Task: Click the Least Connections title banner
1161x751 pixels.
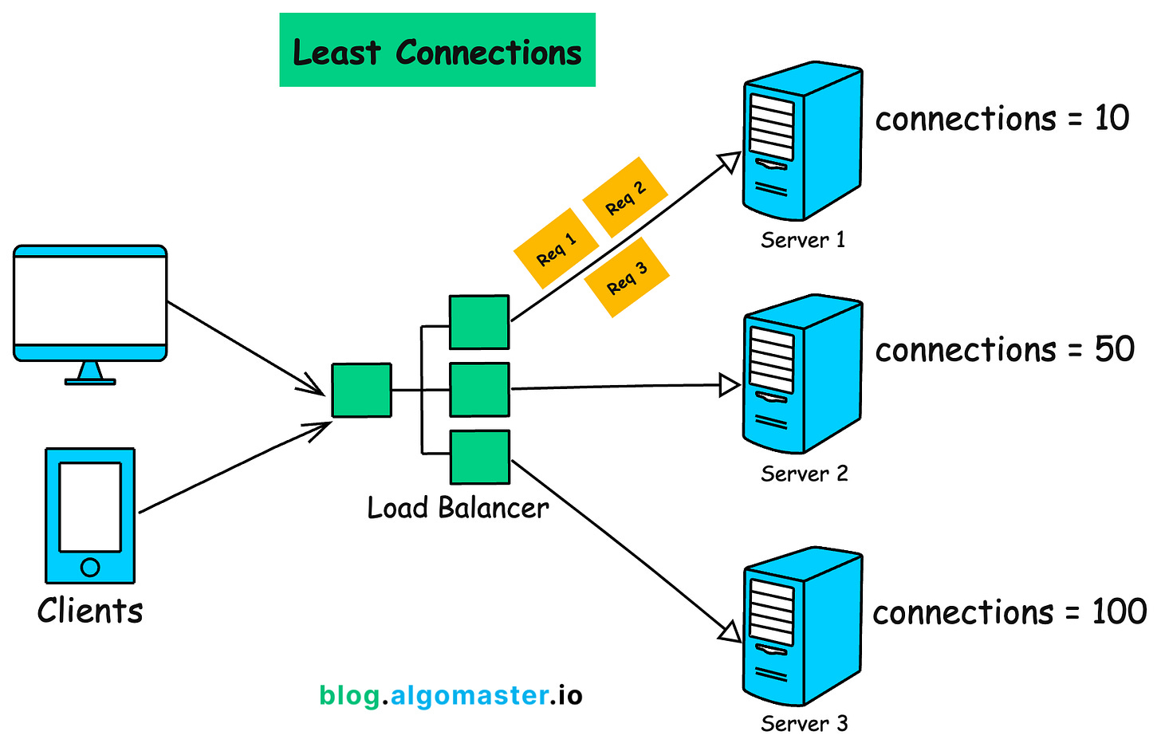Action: coord(437,50)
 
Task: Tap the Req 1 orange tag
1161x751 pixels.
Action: coord(556,248)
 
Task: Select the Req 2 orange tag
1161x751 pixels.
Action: coord(625,197)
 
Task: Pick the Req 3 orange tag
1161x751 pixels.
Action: coord(627,277)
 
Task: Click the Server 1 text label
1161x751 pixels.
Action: coord(803,240)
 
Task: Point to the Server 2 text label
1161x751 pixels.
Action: coord(804,474)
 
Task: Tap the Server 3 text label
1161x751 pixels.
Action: coord(804,723)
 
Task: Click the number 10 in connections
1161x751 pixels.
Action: coord(1112,119)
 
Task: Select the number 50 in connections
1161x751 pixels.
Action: coord(1114,350)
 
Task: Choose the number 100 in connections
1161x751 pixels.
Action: coord(1120,612)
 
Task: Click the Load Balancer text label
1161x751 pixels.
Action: coord(458,508)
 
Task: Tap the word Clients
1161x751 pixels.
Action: coord(90,611)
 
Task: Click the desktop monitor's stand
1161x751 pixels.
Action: coord(90,373)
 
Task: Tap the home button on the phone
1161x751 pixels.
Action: coord(90,568)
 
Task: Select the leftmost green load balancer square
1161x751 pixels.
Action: coord(362,391)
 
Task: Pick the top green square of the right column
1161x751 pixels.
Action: coord(479,322)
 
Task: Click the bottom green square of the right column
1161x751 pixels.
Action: coord(480,457)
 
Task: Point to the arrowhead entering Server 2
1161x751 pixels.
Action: coord(730,386)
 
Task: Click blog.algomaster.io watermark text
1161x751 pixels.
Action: coord(451,695)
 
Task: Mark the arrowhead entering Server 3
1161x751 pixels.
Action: coord(730,633)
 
